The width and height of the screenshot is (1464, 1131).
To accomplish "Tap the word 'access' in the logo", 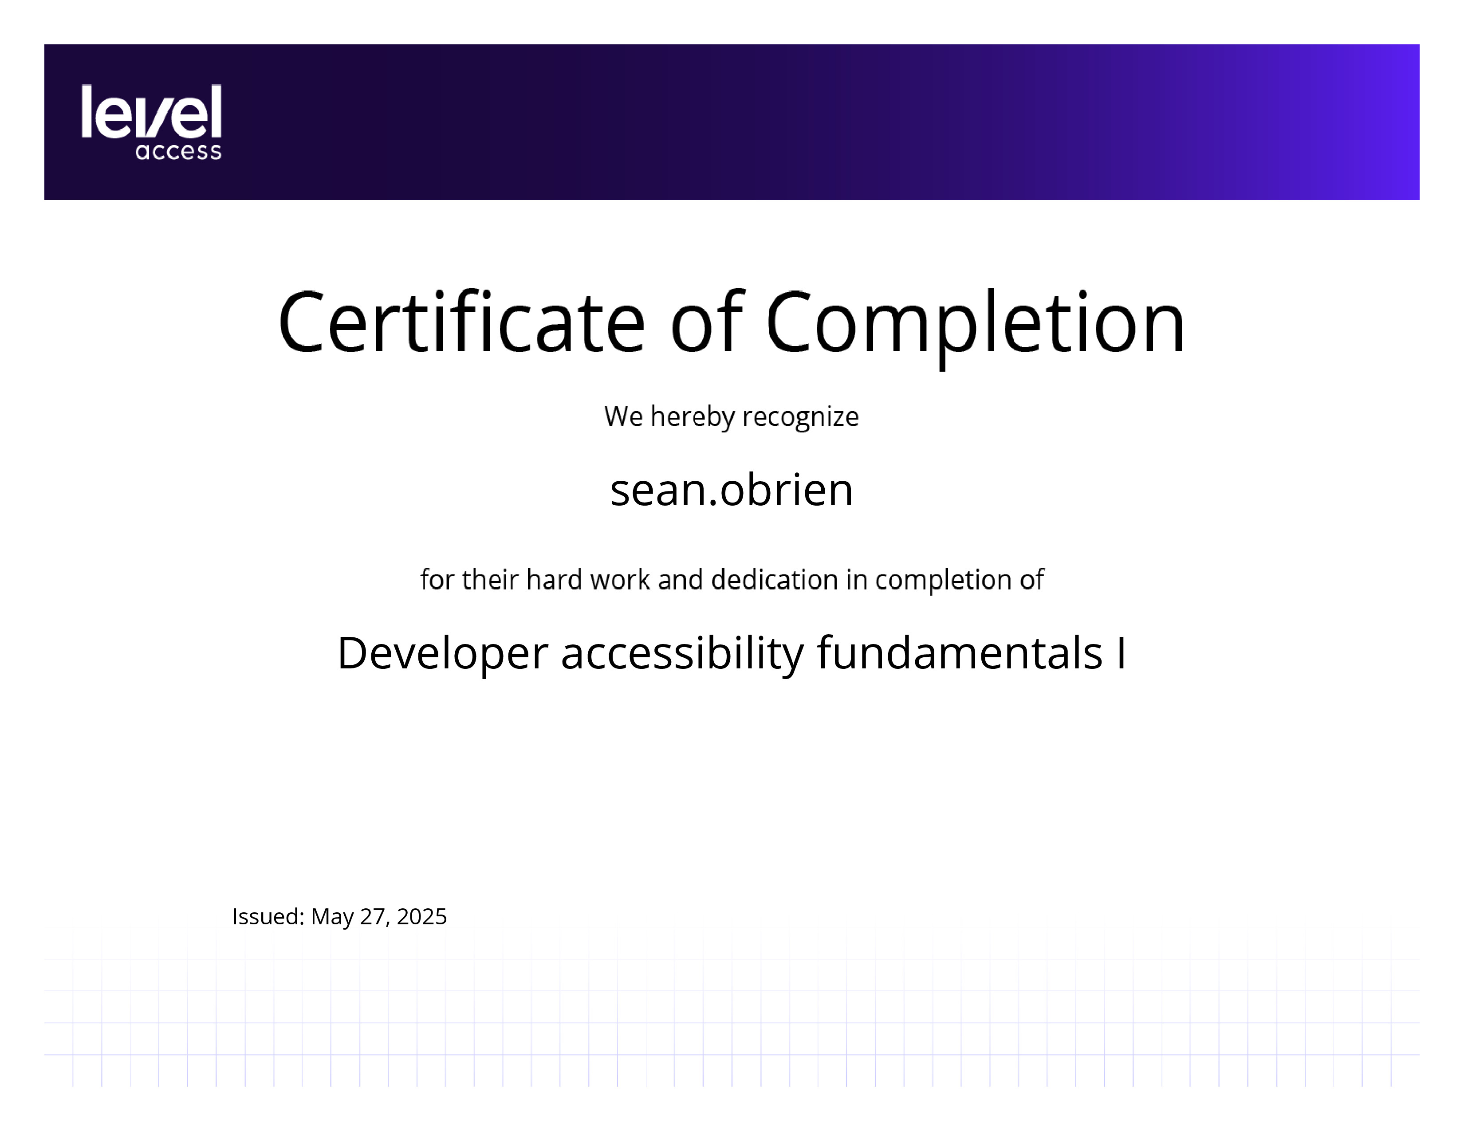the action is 178,151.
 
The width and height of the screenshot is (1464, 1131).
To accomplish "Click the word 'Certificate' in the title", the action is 462,322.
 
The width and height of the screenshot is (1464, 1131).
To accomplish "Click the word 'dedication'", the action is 774,580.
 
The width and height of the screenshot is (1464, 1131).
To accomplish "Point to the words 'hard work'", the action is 588,580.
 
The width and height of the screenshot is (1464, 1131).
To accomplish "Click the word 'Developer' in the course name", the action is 442,654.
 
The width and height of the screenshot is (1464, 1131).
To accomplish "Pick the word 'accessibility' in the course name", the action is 682,654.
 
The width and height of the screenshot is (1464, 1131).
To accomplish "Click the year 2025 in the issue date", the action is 421,917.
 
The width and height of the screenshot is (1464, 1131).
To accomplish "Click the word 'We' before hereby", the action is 623,417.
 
